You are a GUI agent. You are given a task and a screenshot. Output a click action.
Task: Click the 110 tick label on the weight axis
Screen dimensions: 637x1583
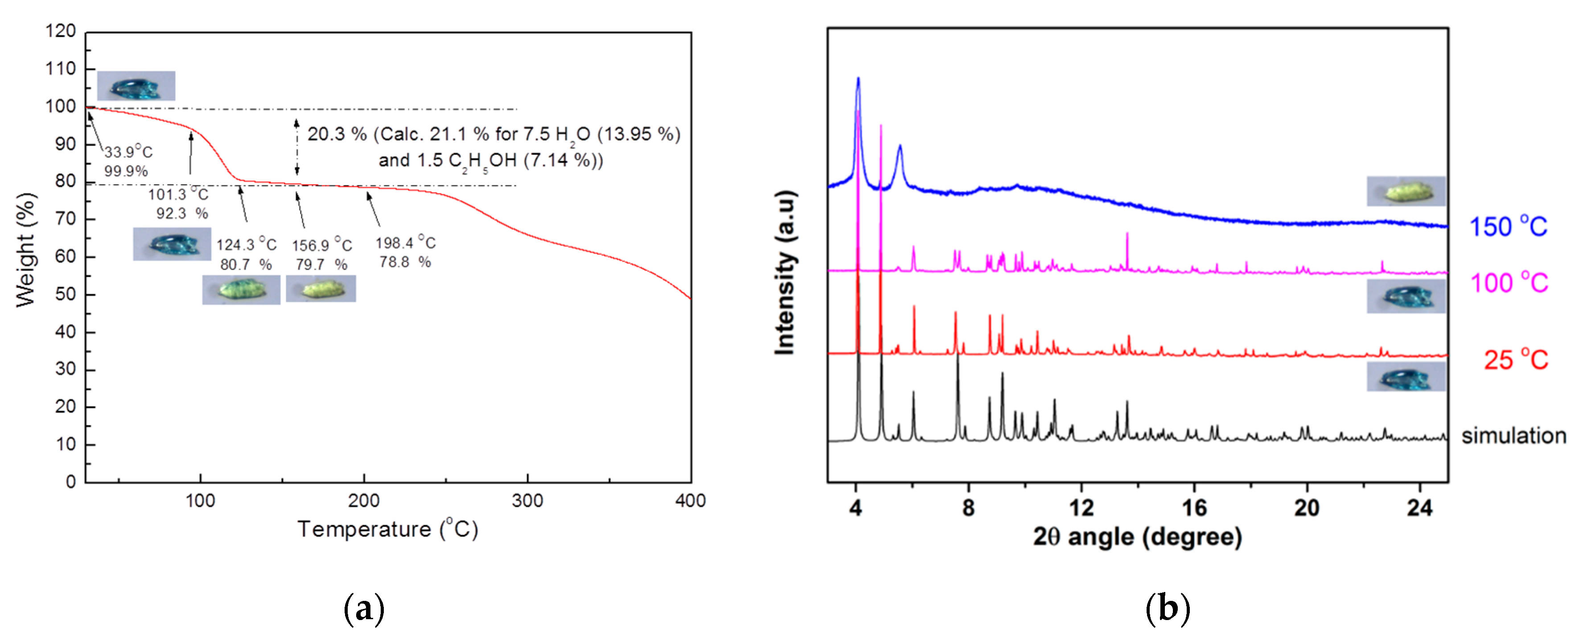coord(60,69)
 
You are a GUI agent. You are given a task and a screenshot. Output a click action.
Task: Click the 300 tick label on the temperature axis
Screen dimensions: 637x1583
coord(527,501)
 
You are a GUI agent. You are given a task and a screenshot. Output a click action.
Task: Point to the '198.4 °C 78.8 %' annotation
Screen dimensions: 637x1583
coord(406,252)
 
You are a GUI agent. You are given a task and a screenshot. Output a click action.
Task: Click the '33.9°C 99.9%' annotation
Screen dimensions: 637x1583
coord(127,161)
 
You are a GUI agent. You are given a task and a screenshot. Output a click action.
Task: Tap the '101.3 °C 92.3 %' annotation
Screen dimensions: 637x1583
coord(178,203)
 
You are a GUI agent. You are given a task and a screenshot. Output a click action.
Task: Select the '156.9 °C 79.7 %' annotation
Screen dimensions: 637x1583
coord(321,254)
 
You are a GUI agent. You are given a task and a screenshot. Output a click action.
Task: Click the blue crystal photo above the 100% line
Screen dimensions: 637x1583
coord(136,86)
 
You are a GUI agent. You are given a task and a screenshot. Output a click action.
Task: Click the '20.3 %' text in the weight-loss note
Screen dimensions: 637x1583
coord(337,134)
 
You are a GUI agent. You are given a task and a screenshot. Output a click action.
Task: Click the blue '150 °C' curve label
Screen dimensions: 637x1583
coord(1508,227)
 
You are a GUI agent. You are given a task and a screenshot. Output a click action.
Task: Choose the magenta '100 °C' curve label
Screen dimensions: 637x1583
coord(1509,283)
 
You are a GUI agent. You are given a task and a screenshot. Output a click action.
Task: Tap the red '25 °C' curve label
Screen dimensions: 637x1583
coord(1515,360)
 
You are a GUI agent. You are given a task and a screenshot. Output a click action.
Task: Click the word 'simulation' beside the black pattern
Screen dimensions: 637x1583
coord(1513,436)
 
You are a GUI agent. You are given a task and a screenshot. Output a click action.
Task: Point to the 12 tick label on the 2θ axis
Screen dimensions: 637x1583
coord(1081,509)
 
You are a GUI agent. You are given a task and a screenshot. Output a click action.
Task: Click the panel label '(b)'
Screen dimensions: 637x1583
coord(1167,609)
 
